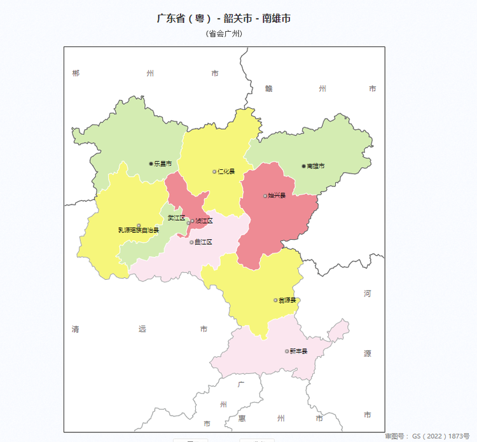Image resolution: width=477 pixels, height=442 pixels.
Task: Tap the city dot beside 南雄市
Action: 303,166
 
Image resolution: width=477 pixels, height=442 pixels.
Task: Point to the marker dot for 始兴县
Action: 265,195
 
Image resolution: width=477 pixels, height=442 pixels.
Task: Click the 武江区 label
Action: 176,218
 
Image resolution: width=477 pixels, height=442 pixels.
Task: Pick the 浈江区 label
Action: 204,221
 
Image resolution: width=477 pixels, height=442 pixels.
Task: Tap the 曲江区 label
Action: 204,242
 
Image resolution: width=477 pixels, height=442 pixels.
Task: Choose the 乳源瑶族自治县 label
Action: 139,230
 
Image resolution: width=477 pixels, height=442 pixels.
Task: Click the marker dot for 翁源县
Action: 275,300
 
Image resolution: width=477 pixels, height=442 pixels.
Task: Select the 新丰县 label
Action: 298,351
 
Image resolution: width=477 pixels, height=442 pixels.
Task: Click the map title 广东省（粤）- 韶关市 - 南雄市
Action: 224,18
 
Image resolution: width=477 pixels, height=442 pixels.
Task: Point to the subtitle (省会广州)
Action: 224,34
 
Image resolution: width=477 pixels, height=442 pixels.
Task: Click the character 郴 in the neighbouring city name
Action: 76,73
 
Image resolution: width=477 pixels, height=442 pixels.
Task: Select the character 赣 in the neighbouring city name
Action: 269,88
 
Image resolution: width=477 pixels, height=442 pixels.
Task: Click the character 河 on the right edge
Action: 368,294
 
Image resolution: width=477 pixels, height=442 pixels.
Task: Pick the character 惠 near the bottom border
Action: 242,418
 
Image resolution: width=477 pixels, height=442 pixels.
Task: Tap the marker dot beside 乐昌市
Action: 151,163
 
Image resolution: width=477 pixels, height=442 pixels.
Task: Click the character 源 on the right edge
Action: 368,354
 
